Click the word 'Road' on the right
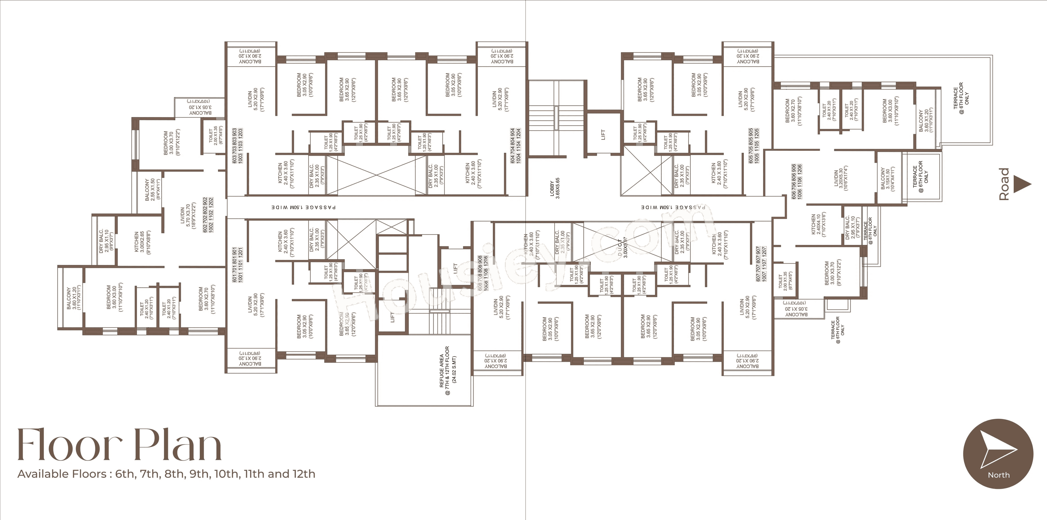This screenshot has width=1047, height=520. [1004, 184]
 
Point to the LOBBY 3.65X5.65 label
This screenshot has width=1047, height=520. [555, 188]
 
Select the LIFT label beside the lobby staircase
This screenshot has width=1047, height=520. [603, 134]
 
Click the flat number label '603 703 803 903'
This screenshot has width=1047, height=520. [237, 146]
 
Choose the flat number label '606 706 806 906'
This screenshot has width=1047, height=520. [797, 181]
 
